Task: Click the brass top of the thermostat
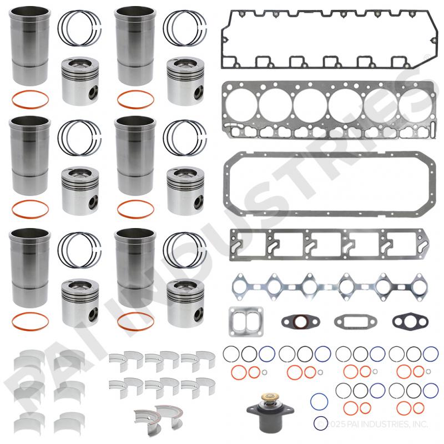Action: pos(270,397)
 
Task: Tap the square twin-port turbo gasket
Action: pos(246,322)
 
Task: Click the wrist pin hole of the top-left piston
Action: pos(93,92)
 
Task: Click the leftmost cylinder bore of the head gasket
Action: pos(241,105)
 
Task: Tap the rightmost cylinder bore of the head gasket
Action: pos(415,105)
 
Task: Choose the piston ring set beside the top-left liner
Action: pos(80,28)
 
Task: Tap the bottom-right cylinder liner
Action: pos(135,268)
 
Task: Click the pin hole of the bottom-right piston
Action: pos(198,312)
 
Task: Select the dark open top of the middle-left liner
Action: pos(30,122)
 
